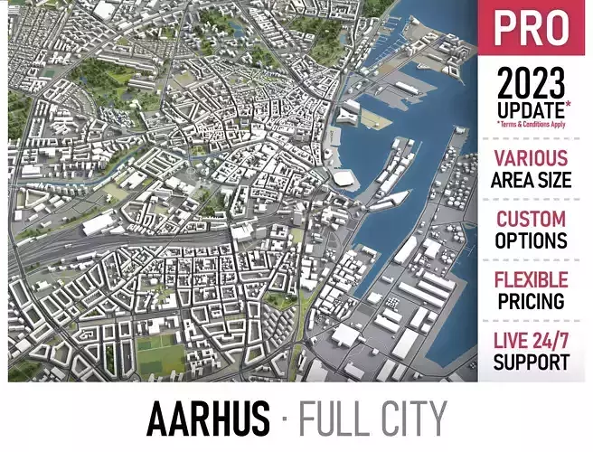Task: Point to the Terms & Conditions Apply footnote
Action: (x=532, y=124)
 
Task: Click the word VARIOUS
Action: (x=532, y=159)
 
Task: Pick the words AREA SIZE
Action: (x=532, y=179)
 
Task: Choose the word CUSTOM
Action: (x=532, y=220)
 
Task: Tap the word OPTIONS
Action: (x=532, y=240)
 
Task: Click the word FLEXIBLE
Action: (x=532, y=280)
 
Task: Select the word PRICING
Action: (x=532, y=301)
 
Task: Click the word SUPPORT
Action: (x=532, y=363)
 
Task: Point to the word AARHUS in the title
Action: (x=208, y=419)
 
